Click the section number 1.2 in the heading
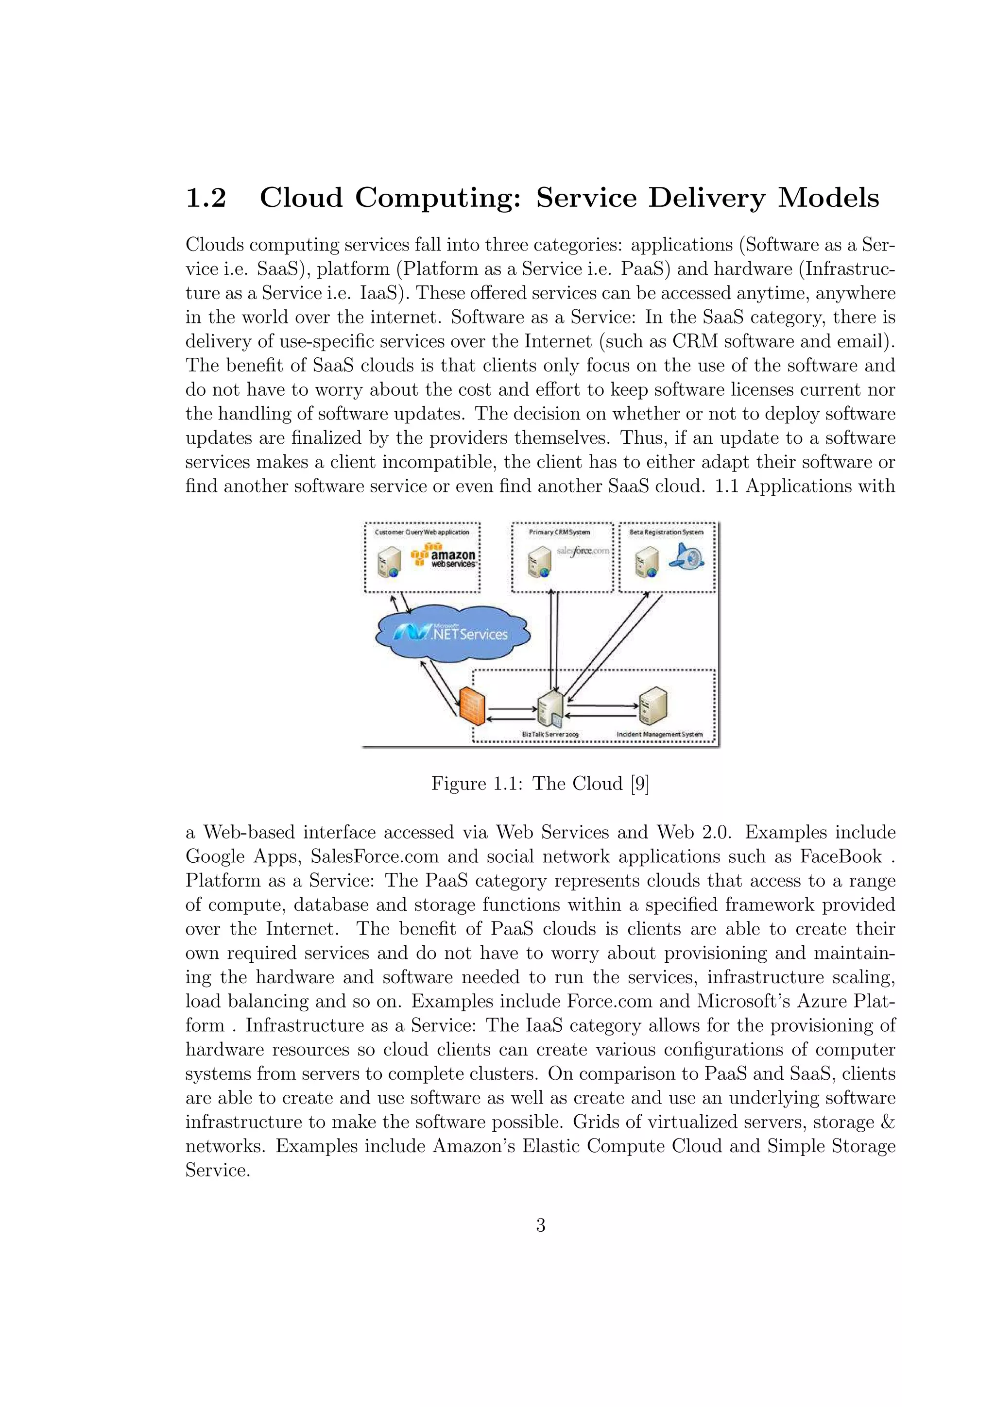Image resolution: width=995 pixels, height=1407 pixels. coord(206,198)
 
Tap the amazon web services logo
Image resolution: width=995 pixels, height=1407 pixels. coord(445,556)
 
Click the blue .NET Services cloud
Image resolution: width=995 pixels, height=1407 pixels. coord(452,633)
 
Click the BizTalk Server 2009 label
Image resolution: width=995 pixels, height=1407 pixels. coord(550,734)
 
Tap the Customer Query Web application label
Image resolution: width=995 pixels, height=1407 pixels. coord(422,532)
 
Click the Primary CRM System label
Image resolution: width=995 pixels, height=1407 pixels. coord(559,532)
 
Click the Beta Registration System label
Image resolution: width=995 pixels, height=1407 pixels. coord(667,532)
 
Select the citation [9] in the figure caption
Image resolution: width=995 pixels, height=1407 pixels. coord(639,784)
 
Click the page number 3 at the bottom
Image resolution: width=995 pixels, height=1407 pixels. coord(540,1225)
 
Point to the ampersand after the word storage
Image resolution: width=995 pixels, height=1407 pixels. coord(887,1122)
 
